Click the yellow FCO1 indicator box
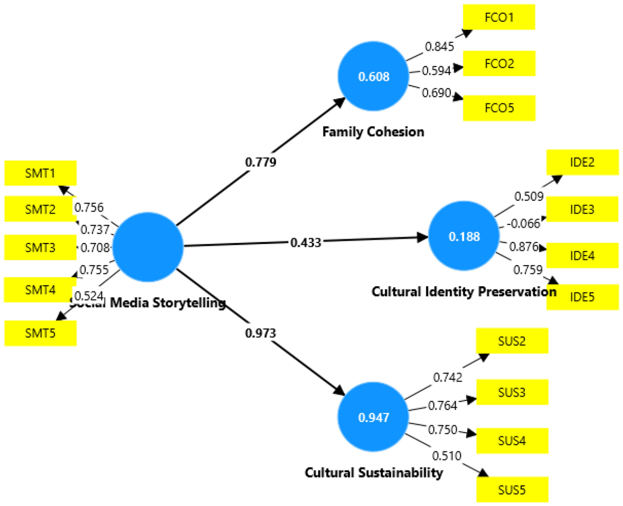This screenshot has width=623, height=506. click(x=499, y=17)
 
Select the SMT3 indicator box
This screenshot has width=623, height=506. click(x=40, y=247)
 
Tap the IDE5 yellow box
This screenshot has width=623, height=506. click(x=582, y=297)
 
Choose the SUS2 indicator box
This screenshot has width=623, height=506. click(x=512, y=341)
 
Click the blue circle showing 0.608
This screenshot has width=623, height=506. click(x=373, y=76)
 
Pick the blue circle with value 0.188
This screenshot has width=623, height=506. click(x=464, y=236)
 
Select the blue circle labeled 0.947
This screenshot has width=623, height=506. click(x=373, y=417)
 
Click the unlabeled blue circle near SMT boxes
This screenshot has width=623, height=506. click(x=148, y=247)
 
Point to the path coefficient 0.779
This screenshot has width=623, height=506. click(x=261, y=162)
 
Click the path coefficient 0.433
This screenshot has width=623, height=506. click(x=306, y=242)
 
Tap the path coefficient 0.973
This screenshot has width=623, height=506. click(x=261, y=333)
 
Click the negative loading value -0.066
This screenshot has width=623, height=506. click(x=524, y=223)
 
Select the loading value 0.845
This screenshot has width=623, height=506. click(x=439, y=46)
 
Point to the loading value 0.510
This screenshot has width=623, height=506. click(x=446, y=456)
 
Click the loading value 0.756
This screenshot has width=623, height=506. click(x=89, y=208)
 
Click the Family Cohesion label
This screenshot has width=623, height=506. click(x=373, y=132)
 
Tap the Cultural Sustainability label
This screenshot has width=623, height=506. click(x=373, y=473)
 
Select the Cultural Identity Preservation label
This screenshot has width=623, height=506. click(x=464, y=291)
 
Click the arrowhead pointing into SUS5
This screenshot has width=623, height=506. click(x=483, y=473)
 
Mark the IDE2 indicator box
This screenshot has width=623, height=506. click(x=582, y=162)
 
